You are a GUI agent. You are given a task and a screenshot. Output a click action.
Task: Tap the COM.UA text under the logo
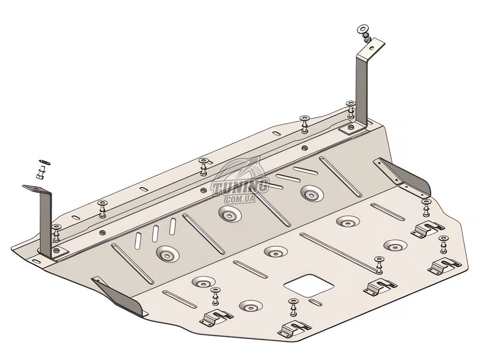[240, 199]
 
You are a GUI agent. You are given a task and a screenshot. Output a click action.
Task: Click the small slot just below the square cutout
[315, 302]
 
